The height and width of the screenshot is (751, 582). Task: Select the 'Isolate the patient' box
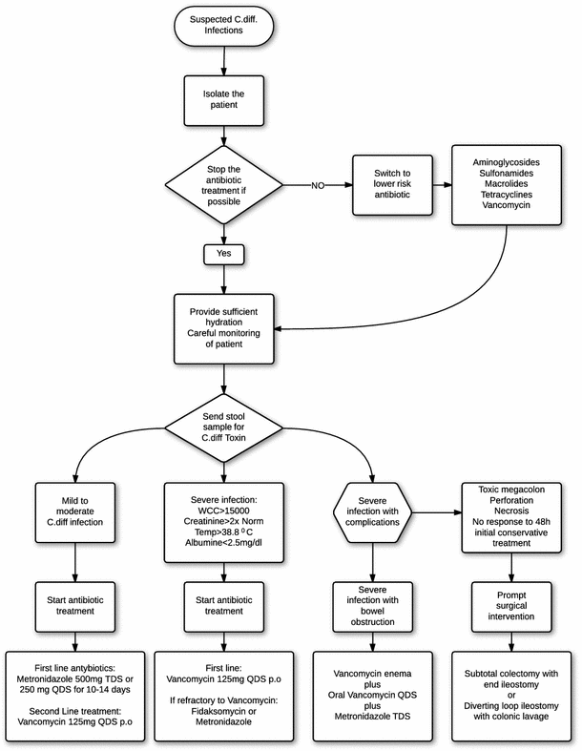pos(224,99)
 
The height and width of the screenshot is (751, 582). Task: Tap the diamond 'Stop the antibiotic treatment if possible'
pos(224,185)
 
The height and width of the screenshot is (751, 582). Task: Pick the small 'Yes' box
pos(224,255)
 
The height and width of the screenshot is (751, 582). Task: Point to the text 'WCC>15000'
pos(223,511)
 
